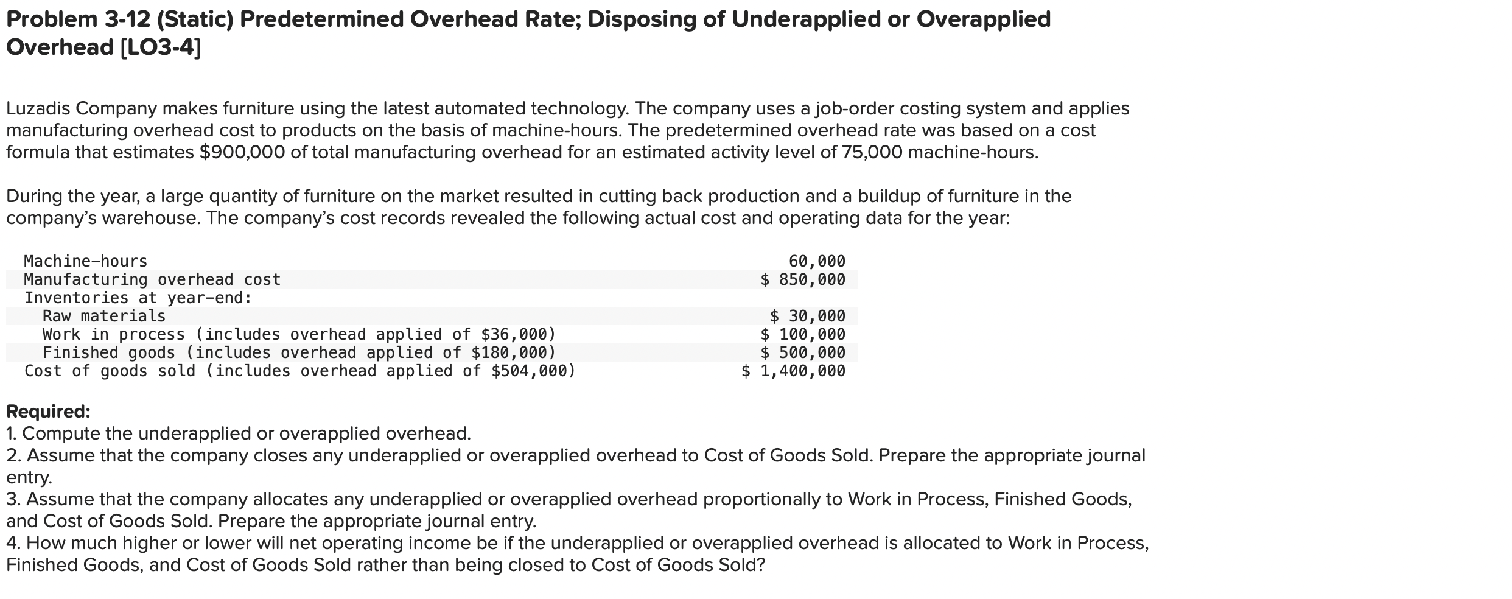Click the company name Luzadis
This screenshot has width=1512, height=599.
click(x=38, y=108)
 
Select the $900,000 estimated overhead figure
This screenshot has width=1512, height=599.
click(x=242, y=152)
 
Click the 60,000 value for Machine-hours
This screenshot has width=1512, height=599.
click(x=817, y=262)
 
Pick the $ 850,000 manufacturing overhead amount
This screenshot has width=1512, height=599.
click(x=803, y=280)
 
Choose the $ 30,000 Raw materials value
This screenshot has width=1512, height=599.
click(x=808, y=317)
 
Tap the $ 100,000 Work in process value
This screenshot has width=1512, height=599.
click(x=803, y=335)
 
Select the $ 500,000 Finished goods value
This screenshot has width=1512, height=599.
click(x=803, y=353)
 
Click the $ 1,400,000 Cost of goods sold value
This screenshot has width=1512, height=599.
click(x=793, y=371)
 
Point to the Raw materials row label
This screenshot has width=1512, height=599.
click(x=104, y=317)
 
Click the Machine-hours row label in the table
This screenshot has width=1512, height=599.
click(x=86, y=262)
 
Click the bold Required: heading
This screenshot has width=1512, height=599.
click(x=48, y=412)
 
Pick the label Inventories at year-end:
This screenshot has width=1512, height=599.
click(x=138, y=298)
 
